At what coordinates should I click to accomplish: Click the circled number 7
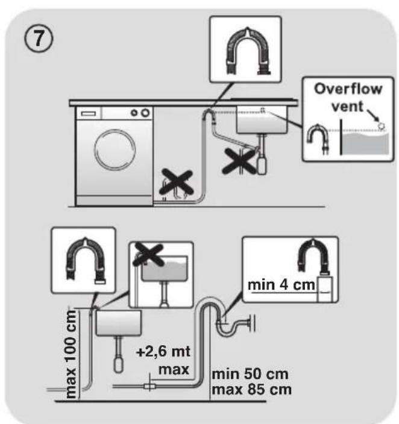click(39, 40)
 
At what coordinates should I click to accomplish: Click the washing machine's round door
click(115, 149)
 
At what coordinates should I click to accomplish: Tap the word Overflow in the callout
click(348, 89)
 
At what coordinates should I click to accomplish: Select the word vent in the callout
click(347, 106)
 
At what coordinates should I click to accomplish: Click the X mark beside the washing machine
click(176, 182)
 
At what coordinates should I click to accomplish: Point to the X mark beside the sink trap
click(239, 161)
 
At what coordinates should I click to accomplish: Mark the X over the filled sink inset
click(149, 254)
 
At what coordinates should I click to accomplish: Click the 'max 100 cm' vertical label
click(72, 354)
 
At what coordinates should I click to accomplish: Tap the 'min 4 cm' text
click(281, 285)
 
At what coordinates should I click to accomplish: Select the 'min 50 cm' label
click(250, 374)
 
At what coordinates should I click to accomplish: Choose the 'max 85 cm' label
click(251, 390)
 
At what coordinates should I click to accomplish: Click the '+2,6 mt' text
click(163, 352)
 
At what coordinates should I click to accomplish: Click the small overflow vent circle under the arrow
click(382, 126)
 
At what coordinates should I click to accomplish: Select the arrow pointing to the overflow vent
click(373, 116)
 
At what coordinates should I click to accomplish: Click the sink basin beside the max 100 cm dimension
click(119, 323)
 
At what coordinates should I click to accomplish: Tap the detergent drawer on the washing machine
click(89, 113)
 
